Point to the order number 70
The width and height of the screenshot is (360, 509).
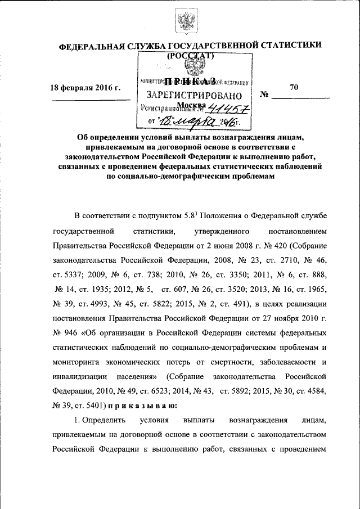(x=294, y=87)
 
